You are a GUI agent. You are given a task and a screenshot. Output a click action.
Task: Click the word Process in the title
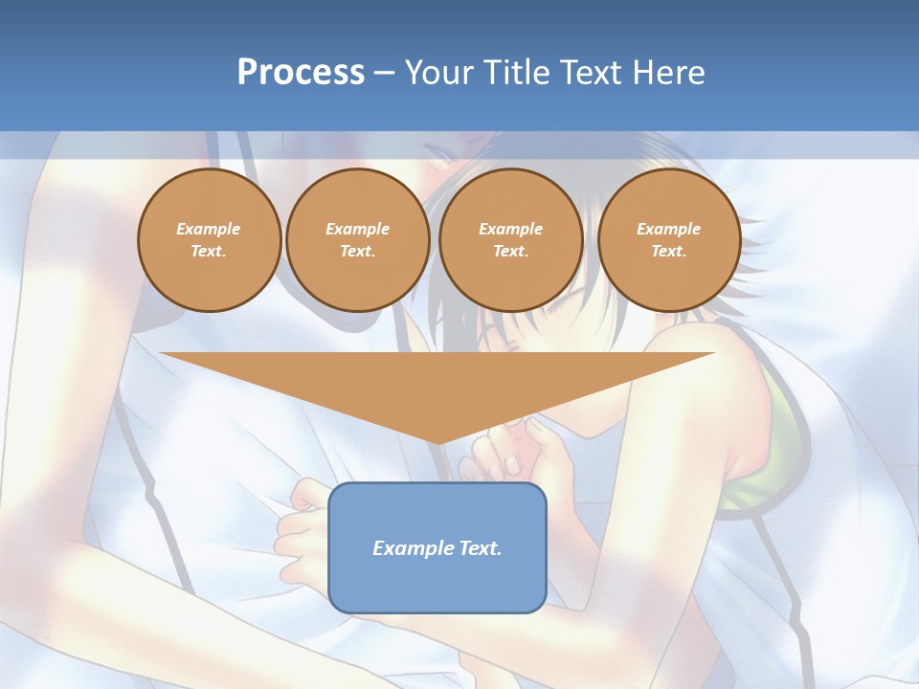pyautogui.click(x=301, y=73)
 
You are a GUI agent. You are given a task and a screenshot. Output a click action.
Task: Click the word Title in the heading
pyautogui.click(x=514, y=73)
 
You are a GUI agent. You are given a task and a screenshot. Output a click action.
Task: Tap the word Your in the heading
pyautogui.click(x=439, y=73)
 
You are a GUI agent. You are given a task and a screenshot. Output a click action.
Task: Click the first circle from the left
pyautogui.click(x=209, y=240)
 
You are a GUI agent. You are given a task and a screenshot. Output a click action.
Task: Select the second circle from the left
pyautogui.click(x=358, y=240)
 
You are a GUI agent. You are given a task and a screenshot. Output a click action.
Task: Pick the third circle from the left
pyautogui.click(x=511, y=240)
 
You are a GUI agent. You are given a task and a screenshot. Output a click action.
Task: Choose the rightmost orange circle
pyautogui.click(x=669, y=240)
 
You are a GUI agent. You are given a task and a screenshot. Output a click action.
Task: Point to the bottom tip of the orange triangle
pyautogui.click(x=438, y=443)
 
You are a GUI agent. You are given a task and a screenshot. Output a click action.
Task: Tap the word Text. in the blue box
pyautogui.click(x=479, y=548)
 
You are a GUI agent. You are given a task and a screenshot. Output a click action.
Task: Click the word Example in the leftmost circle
pyautogui.click(x=209, y=229)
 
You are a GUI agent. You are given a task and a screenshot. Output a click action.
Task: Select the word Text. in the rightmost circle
pyautogui.click(x=669, y=252)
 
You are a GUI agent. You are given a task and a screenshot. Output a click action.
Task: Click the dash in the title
pyautogui.click(x=384, y=73)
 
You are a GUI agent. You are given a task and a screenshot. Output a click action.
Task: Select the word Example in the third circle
pyautogui.click(x=511, y=229)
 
